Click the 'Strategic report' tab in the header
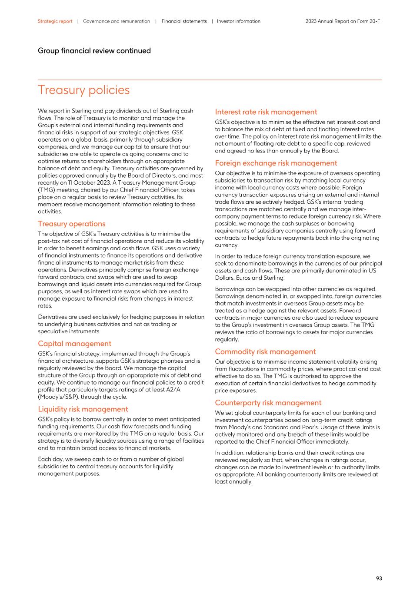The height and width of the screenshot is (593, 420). [x=55, y=21]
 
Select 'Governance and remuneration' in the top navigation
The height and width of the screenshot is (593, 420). [x=116, y=21]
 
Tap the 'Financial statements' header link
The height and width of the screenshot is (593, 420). [x=184, y=21]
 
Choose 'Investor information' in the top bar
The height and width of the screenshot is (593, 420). [x=238, y=21]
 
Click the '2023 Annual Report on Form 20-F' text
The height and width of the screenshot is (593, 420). [x=343, y=21]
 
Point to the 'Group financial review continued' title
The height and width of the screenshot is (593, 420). [x=94, y=51]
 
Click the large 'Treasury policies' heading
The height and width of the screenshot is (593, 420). [x=83, y=90]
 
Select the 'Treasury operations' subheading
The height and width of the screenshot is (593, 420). [x=71, y=224]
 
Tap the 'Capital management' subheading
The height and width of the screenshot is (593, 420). [x=74, y=344]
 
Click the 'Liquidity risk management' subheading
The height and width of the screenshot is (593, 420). [x=83, y=409]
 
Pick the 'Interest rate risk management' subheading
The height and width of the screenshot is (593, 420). [x=266, y=112]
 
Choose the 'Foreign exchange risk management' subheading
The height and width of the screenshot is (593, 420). [x=276, y=163]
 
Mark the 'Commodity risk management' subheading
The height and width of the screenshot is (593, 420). [x=265, y=352]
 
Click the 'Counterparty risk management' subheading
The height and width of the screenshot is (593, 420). [x=268, y=403]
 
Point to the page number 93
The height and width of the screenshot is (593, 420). [x=379, y=578]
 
